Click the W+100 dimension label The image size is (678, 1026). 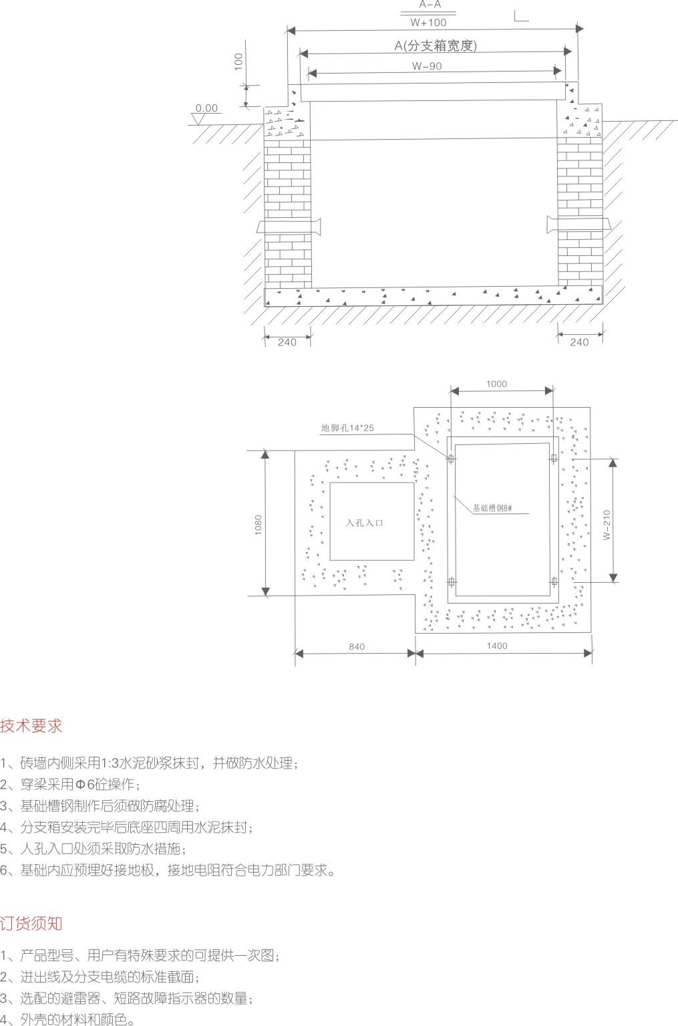428,23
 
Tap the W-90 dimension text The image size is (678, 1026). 427,66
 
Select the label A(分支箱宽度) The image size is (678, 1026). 436,45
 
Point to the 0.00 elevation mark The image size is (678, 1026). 206,108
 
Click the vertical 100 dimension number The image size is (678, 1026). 238,62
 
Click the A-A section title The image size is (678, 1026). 430,5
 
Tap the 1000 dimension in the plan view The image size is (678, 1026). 496,384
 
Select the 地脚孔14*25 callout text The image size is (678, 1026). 347,428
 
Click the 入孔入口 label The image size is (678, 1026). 365,523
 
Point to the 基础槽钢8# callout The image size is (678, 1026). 492,508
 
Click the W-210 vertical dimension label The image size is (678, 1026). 607,525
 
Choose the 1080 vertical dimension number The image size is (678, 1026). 259,523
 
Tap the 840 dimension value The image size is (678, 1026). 357,647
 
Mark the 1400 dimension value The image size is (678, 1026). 497,646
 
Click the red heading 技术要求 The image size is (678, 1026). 31,726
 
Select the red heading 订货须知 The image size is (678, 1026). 31,923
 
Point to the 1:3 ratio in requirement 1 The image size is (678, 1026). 108,763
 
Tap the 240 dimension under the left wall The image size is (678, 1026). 287,342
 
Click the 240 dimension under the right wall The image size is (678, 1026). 579,342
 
